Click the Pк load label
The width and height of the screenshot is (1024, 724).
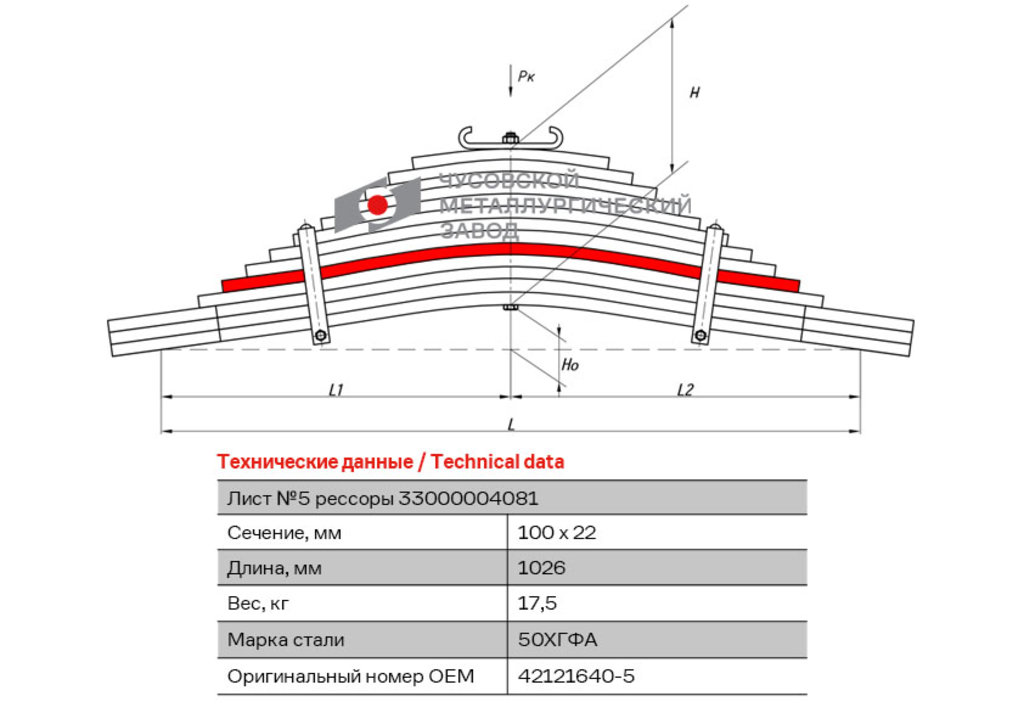tap(526, 76)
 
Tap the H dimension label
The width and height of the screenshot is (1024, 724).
tap(694, 93)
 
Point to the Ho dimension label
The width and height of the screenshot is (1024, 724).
tap(570, 365)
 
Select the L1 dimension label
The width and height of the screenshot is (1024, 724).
tap(336, 390)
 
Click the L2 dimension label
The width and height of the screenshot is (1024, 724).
tap(685, 390)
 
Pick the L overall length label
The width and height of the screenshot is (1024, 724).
tap(511, 424)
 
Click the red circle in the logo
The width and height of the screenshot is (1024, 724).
tap(377, 205)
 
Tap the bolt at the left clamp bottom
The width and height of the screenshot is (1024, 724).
tap(321, 336)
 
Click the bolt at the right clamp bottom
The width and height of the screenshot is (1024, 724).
tap(701, 336)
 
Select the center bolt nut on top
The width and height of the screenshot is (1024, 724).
tap(511, 138)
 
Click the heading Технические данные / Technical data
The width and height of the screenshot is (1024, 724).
tap(391, 462)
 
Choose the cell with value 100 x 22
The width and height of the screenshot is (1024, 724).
tap(557, 533)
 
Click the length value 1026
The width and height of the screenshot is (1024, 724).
tap(541, 568)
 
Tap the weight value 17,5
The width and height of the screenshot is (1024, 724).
tap(537, 603)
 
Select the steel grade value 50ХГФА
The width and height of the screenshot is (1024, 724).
tap(558, 640)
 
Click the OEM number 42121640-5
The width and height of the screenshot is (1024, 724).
tap(576, 676)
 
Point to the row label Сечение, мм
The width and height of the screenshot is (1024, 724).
tap(284, 533)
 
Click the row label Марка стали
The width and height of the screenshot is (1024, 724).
tap(285, 640)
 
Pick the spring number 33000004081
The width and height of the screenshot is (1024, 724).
tap(468, 499)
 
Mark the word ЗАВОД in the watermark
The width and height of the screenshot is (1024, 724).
tap(480, 230)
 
